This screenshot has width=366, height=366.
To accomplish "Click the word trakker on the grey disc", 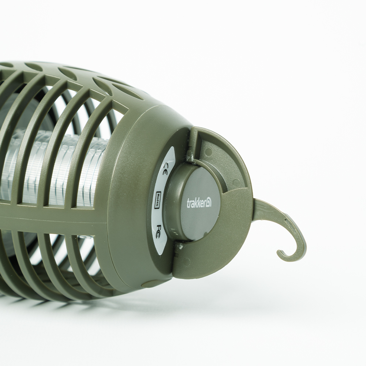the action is (x=196, y=203).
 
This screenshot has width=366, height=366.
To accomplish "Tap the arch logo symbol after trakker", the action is (x=208, y=203).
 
